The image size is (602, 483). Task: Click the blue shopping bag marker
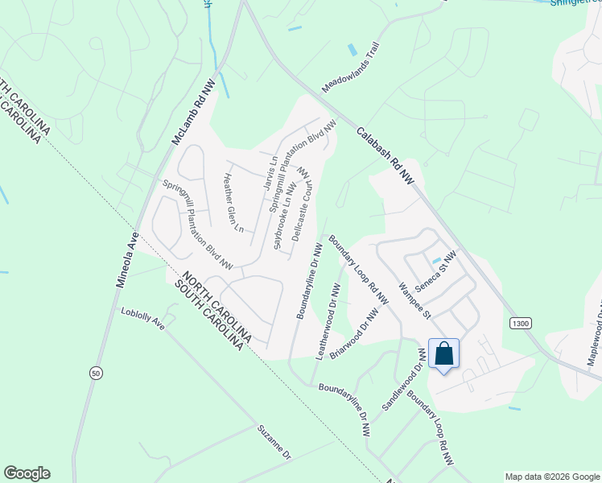pos(443,354)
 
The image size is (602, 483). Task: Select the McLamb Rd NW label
pos(190,117)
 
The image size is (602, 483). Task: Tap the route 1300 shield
pos(520,323)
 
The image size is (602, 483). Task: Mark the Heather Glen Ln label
pos(233,203)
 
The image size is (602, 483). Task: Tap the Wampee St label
pos(415,299)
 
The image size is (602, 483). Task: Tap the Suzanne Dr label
pos(274,444)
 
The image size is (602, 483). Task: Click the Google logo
pos(27,473)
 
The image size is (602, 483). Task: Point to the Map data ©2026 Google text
pos(551,477)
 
